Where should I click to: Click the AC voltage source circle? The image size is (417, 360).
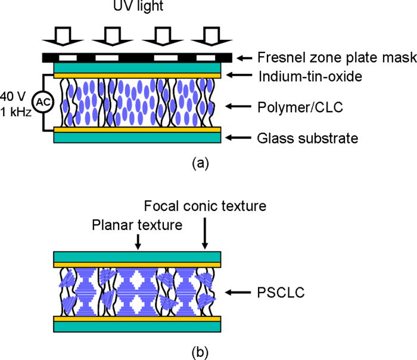[x=42, y=102]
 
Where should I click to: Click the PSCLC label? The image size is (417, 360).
[x=279, y=292]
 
